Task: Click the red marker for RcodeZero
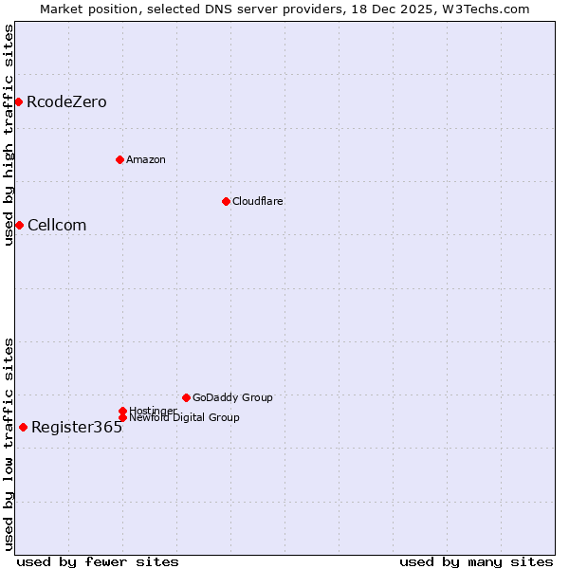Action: tap(18, 101)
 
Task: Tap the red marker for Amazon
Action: tap(119, 159)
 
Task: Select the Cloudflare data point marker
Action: tap(226, 201)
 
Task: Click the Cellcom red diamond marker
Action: tap(19, 225)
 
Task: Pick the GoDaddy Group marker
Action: tap(186, 397)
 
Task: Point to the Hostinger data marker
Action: tap(122, 411)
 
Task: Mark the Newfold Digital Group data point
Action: tap(122, 418)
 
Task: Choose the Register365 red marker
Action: tap(23, 427)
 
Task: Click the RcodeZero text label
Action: tap(66, 101)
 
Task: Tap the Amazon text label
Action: tap(146, 159)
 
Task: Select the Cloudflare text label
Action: tap(258, 201)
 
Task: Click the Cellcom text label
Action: tap(57, 225)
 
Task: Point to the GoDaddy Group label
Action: tap(232, 397)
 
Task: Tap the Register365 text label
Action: tap(77, 427)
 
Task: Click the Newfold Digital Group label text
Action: tap(184, 418)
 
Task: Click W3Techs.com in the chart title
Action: tap(485, 9)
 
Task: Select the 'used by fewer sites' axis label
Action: tap(98, 561)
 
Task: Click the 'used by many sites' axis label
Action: tap(476, 561)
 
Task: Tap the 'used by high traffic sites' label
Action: tap(9, 135)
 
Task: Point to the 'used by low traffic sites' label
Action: tap(9, 444)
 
